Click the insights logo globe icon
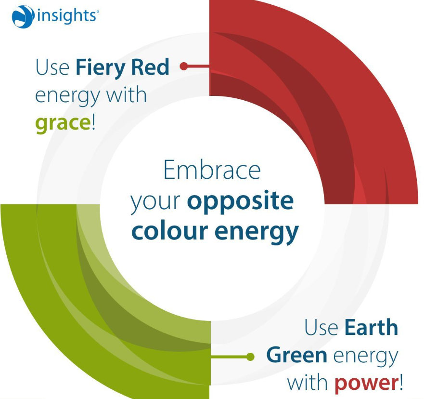tap(23, 16)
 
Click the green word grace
tap(63, 123)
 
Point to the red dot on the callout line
tap(183, 66)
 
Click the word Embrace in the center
tap(212, 170)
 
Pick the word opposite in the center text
tap(240, 201)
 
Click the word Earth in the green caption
tap(372, 328)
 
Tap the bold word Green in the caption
tap(296, 356)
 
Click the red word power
tap(365, 384)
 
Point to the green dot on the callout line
tap(250, 357)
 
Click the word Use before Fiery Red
tap(52, 67)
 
